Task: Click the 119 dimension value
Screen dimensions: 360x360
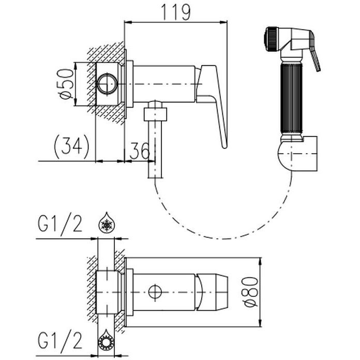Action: [176, 12]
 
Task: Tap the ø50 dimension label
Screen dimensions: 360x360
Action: [67, 84]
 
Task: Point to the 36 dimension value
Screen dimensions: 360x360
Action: [140, 151]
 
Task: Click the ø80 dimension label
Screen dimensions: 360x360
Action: [251, 292]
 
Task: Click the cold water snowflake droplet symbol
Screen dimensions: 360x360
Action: [107, 222]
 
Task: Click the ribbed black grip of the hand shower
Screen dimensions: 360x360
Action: [291, 98]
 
